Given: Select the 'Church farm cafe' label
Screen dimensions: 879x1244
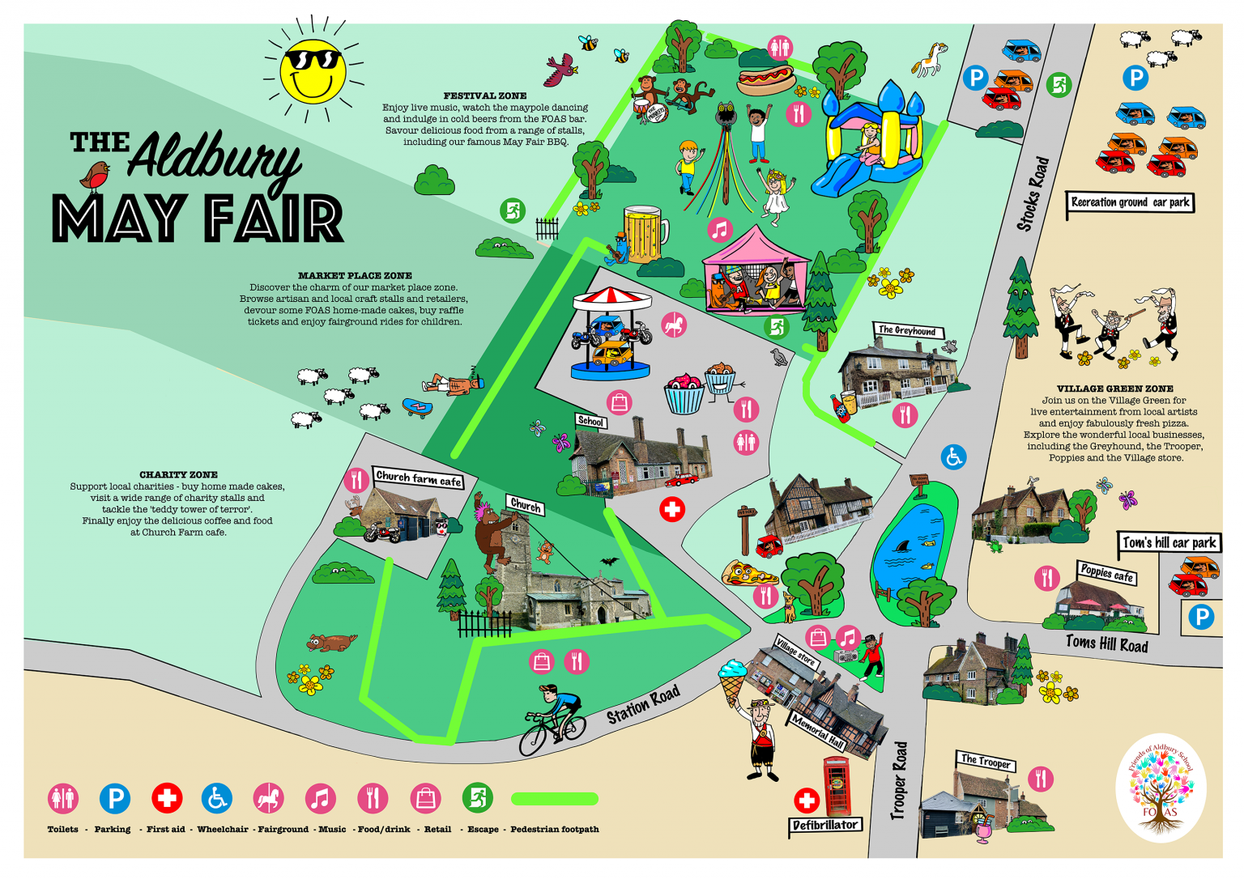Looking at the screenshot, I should point(418,478).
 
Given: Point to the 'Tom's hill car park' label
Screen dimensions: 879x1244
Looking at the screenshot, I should point(1169,542).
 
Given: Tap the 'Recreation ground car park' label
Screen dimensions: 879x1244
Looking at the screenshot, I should point(1130,202).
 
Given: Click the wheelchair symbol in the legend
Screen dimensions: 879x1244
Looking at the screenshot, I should point(216,799).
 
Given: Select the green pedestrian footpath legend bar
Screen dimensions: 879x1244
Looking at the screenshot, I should point(555,799).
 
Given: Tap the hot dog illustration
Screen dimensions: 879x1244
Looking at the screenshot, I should point(766,79).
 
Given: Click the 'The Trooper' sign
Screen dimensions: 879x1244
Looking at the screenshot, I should point(985,761).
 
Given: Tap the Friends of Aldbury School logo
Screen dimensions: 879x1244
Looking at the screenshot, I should point(1161,788).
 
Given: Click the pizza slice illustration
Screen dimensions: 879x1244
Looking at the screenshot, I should point(748,574).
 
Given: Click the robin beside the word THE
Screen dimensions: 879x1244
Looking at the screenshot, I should point(96,173).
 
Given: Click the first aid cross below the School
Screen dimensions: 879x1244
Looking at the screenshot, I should point(671,509).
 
